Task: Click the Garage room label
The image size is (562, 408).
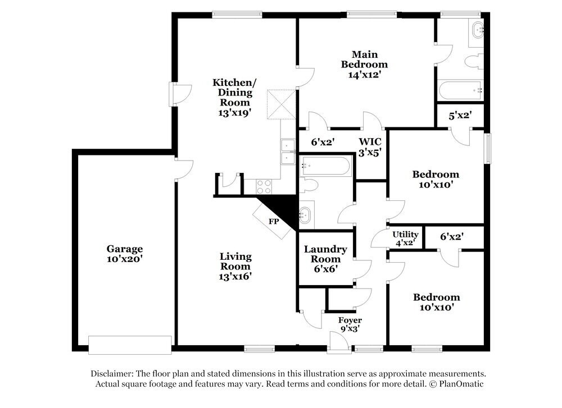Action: point(125,249)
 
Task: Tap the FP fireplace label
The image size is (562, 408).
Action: point(274,222)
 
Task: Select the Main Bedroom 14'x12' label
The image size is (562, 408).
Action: point(364,64)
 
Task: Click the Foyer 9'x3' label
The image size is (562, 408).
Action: point(350,324)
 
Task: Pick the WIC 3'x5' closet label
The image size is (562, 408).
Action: point(370,147)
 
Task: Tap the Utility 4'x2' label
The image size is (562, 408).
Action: point(404,238)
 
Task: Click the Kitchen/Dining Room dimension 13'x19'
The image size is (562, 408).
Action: point(232,112)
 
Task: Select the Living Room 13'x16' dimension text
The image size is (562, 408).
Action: point(235,276)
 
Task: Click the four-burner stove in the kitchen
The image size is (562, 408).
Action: point(264,186)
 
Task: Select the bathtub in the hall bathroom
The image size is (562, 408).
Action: point(325,166)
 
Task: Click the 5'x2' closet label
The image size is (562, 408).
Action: point(459,116)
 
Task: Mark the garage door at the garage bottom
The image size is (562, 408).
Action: point(130,345)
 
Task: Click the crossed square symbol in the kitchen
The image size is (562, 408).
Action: point(280,104)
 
